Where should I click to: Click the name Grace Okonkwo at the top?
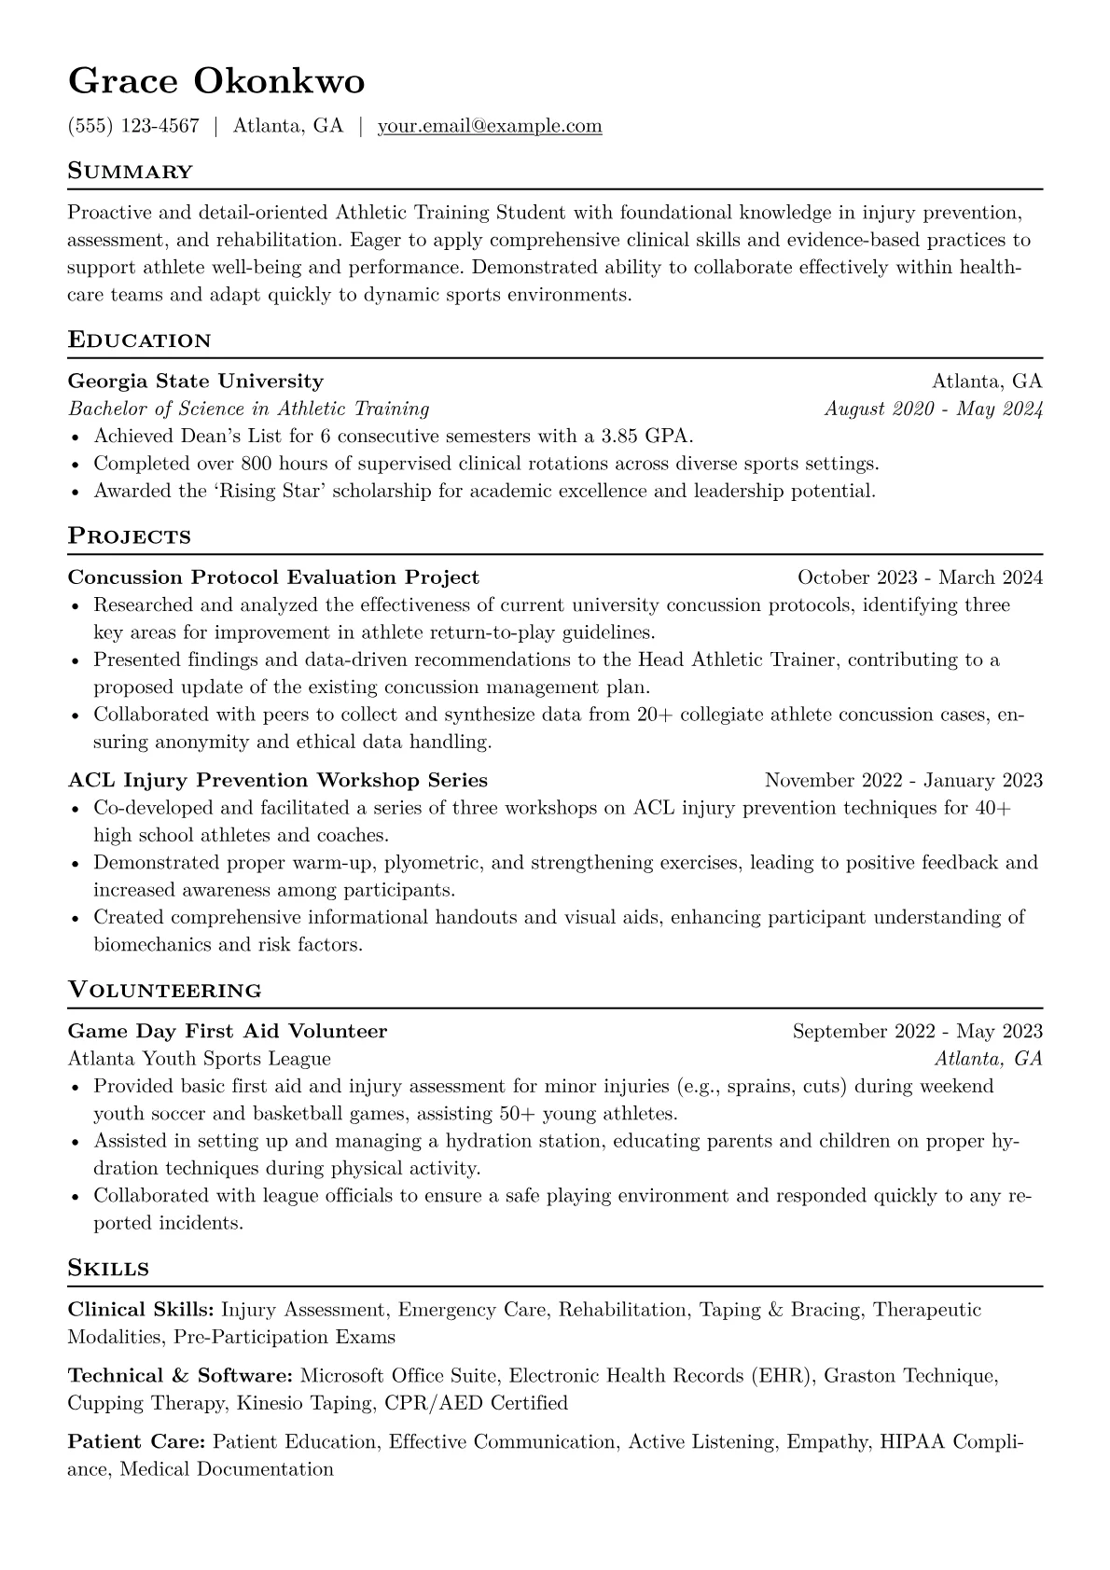point(216,82)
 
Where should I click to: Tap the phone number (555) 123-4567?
point(133,126)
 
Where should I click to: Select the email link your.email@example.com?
point(490,126)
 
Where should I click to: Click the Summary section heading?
point(131,172)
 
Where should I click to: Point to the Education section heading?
point(140,340)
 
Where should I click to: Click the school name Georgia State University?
point(196,381)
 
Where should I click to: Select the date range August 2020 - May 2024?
point(934,409)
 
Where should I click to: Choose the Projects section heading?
point(130,536)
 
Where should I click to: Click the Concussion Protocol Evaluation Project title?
point(273,577)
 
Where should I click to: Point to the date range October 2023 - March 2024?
point(920,577)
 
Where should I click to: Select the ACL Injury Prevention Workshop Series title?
point(278,780)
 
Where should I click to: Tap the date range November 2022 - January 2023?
point(903,780)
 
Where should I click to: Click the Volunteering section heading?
point(165,990)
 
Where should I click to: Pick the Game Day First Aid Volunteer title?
point(228,1031)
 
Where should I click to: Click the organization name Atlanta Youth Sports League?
point(200,1059)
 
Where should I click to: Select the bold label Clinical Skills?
point(142,1310)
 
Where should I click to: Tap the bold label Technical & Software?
point(181,1375)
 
